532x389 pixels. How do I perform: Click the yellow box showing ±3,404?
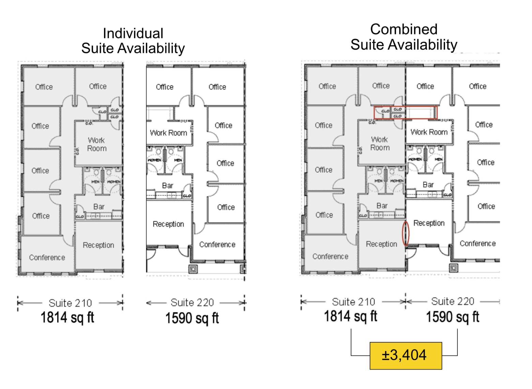tap(406, 356)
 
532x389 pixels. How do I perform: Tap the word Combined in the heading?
tap(404, 29)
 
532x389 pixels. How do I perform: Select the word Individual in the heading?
tap(133, 33)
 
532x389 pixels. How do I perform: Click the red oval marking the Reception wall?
tap(406, 234)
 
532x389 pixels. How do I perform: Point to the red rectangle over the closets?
tap(405, 113)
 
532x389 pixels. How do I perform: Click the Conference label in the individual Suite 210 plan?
tap(47, 257)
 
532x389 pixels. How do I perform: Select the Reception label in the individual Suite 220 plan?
tap(168, 224)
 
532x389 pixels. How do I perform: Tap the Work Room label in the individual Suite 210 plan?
tap(97, 144)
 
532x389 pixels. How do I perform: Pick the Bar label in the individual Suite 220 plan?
tap(167, 185)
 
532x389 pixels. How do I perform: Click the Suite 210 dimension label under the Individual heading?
tap(70, 303)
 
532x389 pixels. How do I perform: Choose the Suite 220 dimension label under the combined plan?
tap(453, 301)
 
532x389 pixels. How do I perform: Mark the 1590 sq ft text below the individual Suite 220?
tap(192, 318)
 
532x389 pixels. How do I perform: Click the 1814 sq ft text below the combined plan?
tap(350, 316)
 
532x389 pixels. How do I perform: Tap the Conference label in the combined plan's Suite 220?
tap(477, 243)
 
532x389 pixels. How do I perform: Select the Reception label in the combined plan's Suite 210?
tap(381, 244)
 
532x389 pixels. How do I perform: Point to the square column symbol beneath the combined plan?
tap(453, 268)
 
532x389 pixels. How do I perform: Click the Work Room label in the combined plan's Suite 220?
tap(429, 132)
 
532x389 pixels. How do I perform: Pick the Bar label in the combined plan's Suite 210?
tap(382, 206)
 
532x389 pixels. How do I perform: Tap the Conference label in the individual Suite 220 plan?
tap(217, 244)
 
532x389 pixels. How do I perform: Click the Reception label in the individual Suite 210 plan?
tap(98, 245)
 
